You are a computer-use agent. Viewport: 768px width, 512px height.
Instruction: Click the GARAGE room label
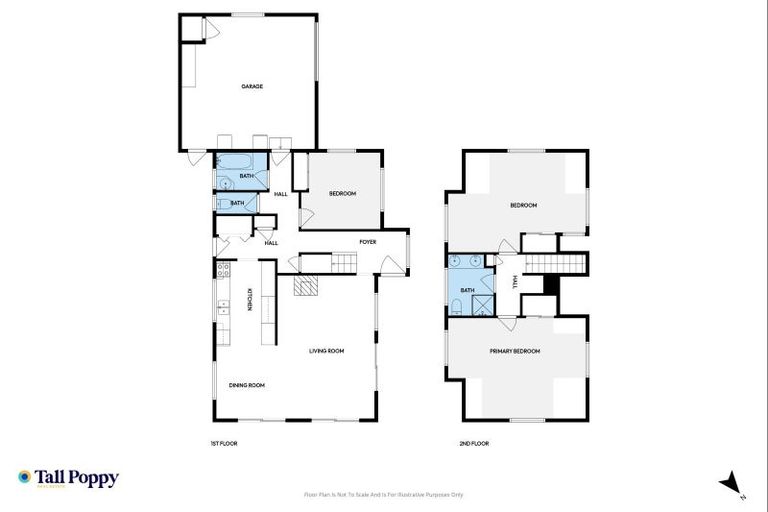pyautogui.click(x=251, y=86)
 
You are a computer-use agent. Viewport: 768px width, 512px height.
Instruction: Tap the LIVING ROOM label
pyautogui.click(x=326, y=351)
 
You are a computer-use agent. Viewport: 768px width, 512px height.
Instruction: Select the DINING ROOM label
pyautogui.click(x=246, y=385)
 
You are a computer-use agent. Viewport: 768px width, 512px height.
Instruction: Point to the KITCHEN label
pyautogui.click(x=249, y=299)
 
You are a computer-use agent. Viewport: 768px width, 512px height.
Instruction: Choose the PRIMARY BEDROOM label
pyautogui.click(x=514, y=351)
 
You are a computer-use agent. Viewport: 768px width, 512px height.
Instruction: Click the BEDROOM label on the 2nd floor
pyautogui.click(x=523, y=205)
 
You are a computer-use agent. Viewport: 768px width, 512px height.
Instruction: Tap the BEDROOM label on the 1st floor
pyautogui.click(x=342, y=193)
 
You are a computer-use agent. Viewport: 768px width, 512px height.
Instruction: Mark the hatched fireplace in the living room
pyautogui.click(x=305, y=286)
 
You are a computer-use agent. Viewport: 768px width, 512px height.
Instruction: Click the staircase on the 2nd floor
pyautogui.click(x=545, y=263)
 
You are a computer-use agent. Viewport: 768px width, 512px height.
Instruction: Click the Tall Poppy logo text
pyautogui.click(x=78, y=478)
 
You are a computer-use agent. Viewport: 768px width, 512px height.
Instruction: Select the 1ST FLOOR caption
pyautogui.click(x=223, y=443)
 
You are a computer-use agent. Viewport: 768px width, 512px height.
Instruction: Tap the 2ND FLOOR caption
pyautogui.click(x=474, y=443)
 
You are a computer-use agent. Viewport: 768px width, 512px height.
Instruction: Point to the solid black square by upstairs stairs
pyautogui.click(x=548, y=284)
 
